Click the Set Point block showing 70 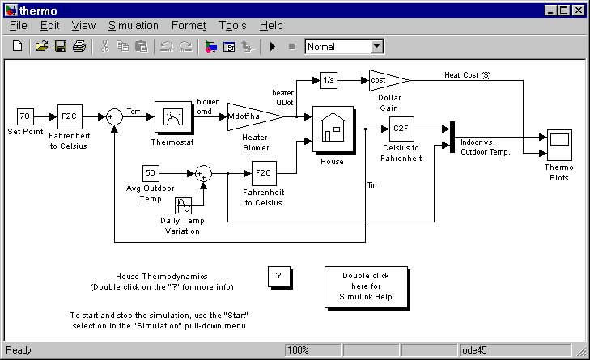pos(24,116)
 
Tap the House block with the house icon pos(333,129)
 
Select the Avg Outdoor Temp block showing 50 pos(151,172)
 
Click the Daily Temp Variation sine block pos(185,205)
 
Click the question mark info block pos(278,276)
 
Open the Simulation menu pos(134,26)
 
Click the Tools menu pos(232,26)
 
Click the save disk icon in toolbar pos(61,47)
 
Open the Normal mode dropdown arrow pos(376,47)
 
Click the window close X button pos(578,10)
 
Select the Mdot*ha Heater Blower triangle pos(251,116)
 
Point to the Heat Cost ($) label pos(468,74)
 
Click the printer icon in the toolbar pos(79,47)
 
